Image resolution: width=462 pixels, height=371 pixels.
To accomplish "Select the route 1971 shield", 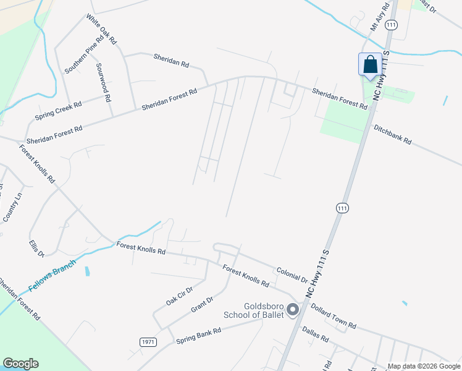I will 148,342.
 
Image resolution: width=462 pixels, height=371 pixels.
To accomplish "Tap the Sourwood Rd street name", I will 103,82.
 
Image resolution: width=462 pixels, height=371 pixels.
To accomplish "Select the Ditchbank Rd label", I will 392,134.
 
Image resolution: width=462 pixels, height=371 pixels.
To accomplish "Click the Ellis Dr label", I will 37,249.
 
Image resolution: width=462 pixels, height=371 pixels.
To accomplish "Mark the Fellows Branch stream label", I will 52,276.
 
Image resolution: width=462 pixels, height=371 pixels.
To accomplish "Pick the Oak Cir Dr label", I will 179,296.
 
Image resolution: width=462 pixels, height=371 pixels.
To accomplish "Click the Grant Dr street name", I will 202,304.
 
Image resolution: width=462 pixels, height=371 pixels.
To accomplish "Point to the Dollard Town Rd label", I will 334,315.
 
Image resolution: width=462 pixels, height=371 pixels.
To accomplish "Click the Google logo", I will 20,364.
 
